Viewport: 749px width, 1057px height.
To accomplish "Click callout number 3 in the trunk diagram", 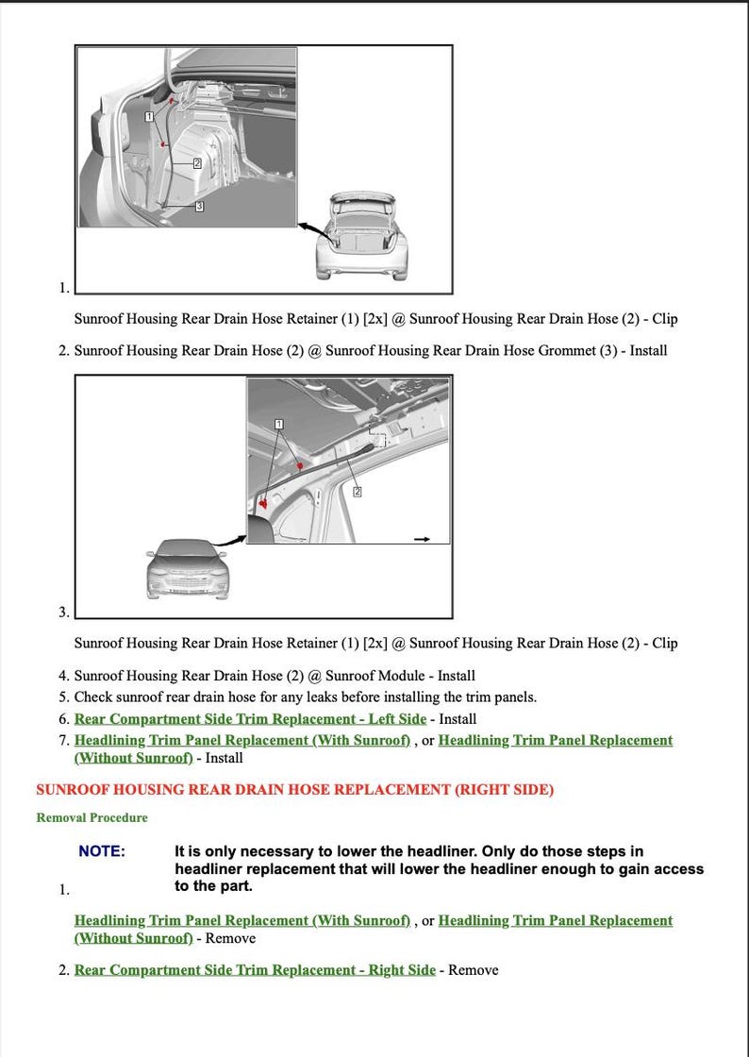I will (199, 205).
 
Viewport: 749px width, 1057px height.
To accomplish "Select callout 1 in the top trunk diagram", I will (149, 116).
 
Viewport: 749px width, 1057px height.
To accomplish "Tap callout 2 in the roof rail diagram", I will (358, 491).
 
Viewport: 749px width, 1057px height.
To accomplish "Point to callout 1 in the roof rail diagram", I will (279, 425).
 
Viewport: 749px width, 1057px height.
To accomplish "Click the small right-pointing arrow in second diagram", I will (422, 539).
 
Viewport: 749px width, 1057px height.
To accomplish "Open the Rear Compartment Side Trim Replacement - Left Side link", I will (250, 718).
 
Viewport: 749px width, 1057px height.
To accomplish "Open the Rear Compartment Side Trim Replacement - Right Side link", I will (255, 969).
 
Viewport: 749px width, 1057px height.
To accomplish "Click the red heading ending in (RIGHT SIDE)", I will (294, 789).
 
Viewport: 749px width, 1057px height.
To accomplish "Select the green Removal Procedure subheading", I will (92, 817).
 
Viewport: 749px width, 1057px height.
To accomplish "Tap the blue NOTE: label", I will (101, 851).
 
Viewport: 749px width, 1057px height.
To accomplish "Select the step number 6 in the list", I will (63, 719).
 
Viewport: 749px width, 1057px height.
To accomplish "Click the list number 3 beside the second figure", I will (63, 612).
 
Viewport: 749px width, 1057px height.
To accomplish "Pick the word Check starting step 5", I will (94, 697).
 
